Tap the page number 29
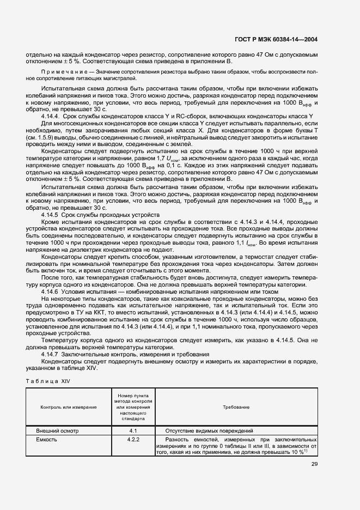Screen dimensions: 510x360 (x=314, y=464)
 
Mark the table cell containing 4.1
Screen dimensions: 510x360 (x=133, y=430)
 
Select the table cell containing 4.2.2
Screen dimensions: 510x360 (x=133, y=439)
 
